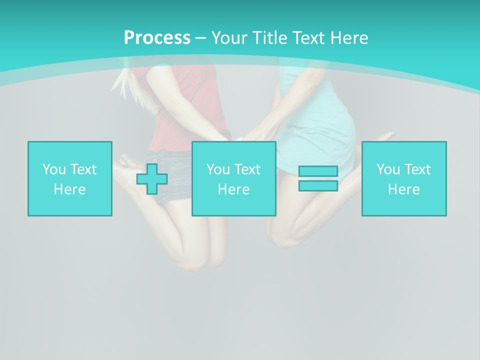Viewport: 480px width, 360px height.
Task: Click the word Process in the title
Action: click(x=157, y=38)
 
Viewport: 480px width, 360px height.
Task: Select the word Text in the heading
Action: click(x=310, y=38)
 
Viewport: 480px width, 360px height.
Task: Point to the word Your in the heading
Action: click(x=228, y=38)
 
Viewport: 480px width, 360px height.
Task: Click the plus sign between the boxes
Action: click(x=152, y=179)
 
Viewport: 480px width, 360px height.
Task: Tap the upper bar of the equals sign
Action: click(x=318, y=171)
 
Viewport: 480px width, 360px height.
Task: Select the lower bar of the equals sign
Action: click(x=318, y=185)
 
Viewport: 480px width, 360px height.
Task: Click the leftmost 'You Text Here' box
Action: click(x=70, y=178)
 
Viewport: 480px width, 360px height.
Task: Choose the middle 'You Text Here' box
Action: click(x=233, y=178)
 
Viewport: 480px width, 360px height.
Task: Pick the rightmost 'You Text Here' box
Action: click(x=404, y=178)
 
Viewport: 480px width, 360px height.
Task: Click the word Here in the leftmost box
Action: click(x=70, y=189)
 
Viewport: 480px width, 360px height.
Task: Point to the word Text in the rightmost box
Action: click(x=418, y=169)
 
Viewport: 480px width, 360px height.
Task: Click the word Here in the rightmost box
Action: click(x=404, y=189)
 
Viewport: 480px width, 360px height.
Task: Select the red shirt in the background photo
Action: click(x=190, y=100)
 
